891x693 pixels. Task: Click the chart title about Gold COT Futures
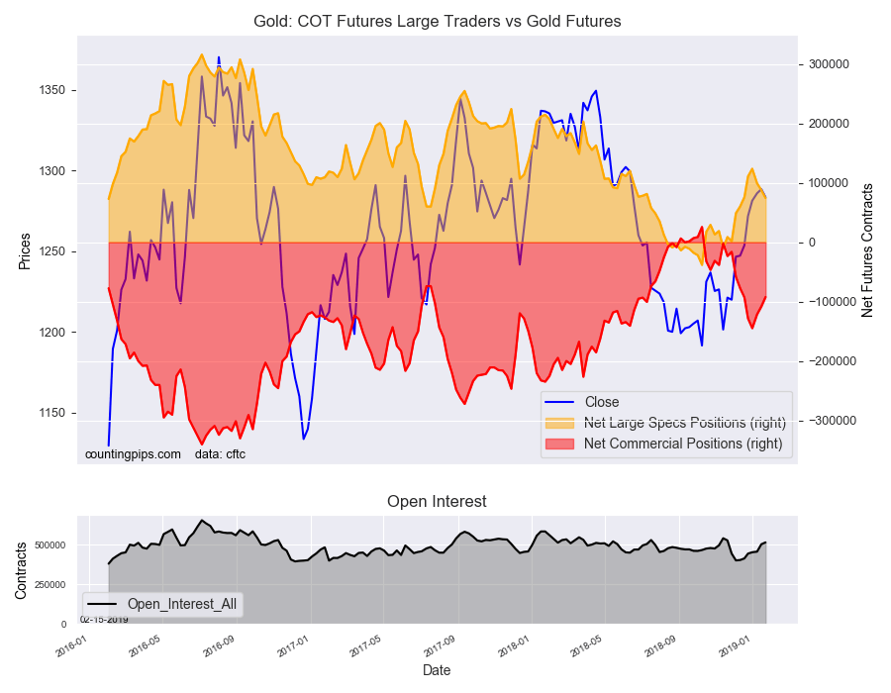click(x=437, y=21)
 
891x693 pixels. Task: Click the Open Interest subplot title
click(x=437, y=502)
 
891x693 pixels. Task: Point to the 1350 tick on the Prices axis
click(x=52, y=91)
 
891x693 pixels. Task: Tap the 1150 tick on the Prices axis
click(x=52, y=413)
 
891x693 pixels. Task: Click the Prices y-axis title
click(x=25, y=251)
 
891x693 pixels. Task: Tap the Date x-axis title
click(x=437, y=670)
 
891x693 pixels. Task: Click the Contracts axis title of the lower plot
click(x=21, y=570)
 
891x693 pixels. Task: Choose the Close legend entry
click(x=602, y=402)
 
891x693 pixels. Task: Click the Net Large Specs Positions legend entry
click(x=684, y=423)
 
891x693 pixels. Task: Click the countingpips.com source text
click(x=133, y=454)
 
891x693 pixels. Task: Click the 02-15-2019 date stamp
click(x=104, y=620)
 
